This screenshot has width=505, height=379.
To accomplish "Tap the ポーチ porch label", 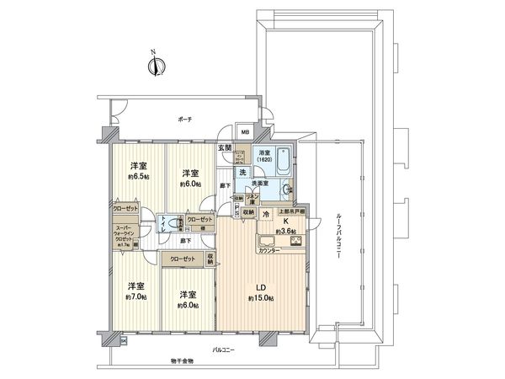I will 185,119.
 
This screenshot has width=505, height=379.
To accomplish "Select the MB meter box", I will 246,132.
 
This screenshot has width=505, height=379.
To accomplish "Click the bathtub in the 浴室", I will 283,159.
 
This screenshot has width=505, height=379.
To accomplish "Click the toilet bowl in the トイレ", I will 173,223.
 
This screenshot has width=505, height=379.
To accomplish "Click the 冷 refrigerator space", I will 266,214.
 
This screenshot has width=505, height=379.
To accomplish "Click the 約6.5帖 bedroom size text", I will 139,178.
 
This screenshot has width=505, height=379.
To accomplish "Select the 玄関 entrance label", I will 226,148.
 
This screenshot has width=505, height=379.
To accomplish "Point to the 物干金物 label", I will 180,361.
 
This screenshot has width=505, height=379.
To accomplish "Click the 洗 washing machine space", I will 241,172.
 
